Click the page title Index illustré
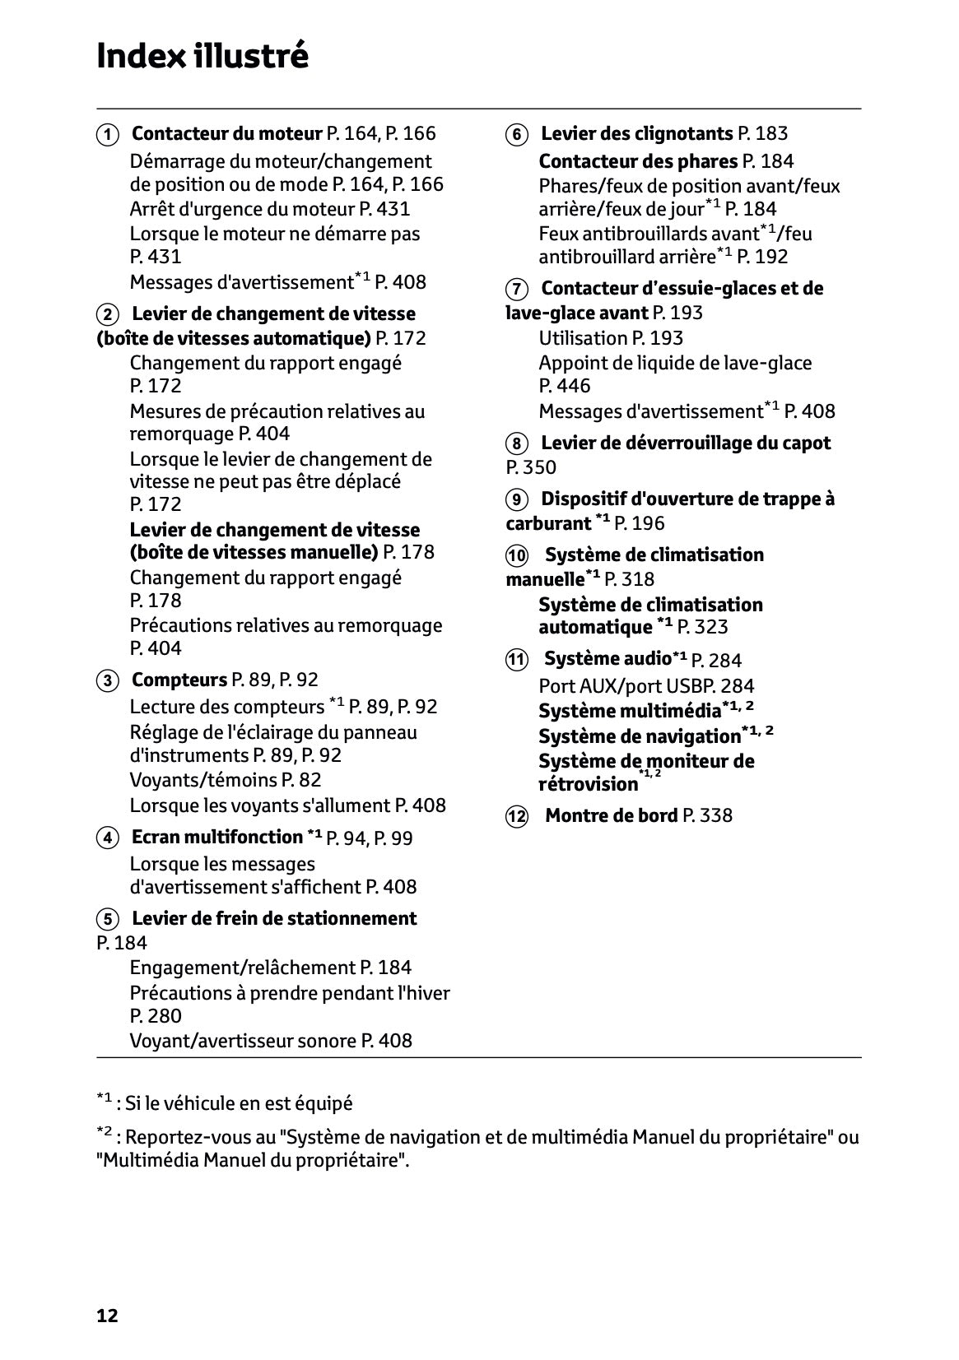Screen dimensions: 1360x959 (203, 57)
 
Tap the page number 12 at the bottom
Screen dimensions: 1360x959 (107, 1316)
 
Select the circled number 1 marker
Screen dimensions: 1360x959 (107, 134)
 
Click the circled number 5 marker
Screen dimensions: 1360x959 (107, 919)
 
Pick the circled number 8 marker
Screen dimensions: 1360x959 (516, 444)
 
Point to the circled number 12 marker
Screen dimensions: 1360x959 (516, 816)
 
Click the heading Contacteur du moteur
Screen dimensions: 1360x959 (227, 133)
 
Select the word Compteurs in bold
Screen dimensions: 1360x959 (179, 680)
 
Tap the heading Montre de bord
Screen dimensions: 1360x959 (612, 815)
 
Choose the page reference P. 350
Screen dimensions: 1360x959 (531, 467)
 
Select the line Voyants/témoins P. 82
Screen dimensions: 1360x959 (225, 780)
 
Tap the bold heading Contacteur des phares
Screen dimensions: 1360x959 (638, 161)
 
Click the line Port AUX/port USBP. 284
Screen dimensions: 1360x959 (646, 686)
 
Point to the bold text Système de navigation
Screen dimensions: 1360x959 (640, 736)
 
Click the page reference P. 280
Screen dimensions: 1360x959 (156, 1016)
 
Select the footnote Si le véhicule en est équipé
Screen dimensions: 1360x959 (238, 1103)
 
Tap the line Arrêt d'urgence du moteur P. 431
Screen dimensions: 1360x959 (270, 209)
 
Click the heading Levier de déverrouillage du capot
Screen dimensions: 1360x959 (686, 443)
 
